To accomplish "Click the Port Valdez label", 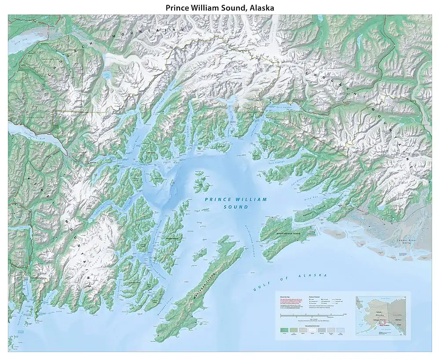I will [282, 106].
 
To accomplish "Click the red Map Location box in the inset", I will [382, 325].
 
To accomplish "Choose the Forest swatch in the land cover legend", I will [284, 330].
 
